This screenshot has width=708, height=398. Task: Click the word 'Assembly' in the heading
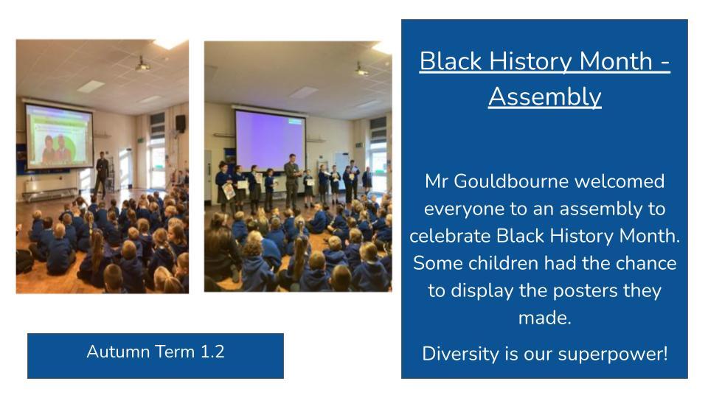[x=544, y=97]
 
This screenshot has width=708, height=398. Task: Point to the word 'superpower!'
[x=613, y=355]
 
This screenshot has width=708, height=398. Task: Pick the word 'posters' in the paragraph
[x=585, y=290]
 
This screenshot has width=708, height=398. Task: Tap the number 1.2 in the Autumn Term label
[x=212, y=352]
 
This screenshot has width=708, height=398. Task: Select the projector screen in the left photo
[x=59, y=136]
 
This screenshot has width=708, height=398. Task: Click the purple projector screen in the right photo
[x=270, y=141]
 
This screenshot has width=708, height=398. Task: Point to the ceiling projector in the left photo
[x=142, y=65]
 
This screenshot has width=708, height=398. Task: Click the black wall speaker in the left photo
[x=180, y=123]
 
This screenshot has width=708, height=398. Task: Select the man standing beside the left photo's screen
[x=102, y=174]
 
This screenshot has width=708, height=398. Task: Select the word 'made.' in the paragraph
[x=544, y=318]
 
